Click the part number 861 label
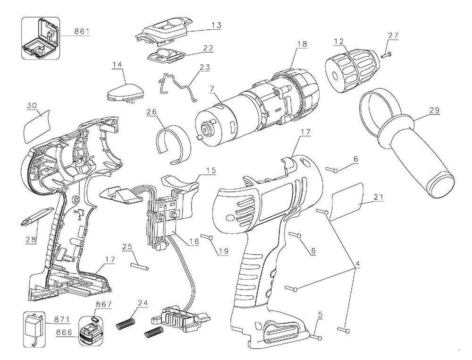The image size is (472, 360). point(82,32)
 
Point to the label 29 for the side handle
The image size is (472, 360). point(434,110)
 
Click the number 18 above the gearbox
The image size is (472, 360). point(302,44)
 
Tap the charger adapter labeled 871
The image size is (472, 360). point(33,326)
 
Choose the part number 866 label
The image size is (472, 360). point(64,332)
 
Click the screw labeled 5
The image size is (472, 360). point(317,337)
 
